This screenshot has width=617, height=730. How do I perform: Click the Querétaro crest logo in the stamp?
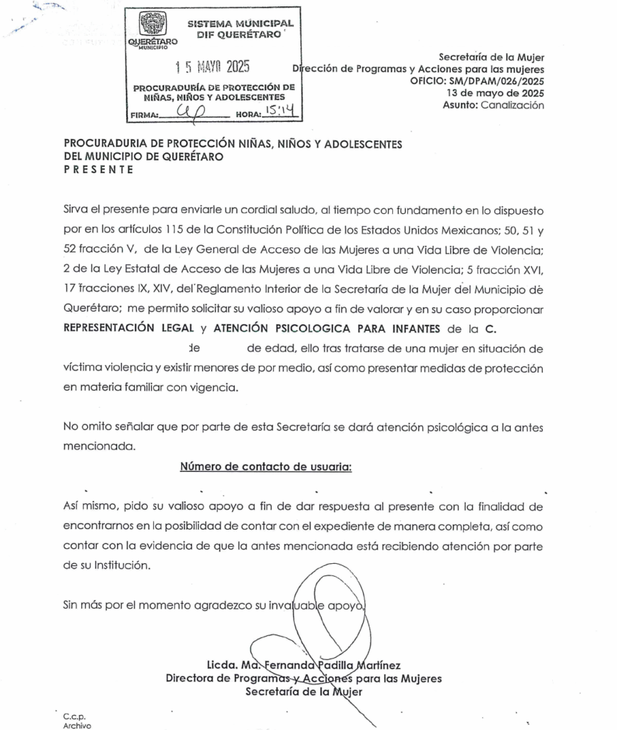point(151,26)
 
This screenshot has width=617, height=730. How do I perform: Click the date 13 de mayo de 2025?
point(495,93)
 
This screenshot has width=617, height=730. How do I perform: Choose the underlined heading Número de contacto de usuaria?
point(266,467)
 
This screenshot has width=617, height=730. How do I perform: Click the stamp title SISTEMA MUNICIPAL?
point(240,24)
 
